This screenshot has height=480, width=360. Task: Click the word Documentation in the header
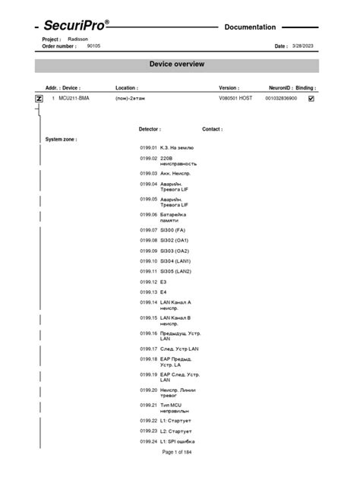click(x=250, y=27)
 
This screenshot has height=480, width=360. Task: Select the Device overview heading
click(x=176, y=65)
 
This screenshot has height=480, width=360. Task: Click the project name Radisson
click(x=77, y=38)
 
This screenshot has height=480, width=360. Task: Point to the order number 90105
click(x=93, y=46)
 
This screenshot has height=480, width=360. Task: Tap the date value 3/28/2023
click(x=302, y=46)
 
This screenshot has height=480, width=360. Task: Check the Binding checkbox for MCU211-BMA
click(x=311, y=99)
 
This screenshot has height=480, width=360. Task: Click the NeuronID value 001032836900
click(x=281, y=99)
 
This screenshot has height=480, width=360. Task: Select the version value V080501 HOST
click(x=235, y=99)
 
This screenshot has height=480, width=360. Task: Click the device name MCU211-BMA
click(x=74, y=99)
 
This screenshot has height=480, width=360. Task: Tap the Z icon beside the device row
click(x=39, y=99)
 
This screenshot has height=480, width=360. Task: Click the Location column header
click(x=126, y=88)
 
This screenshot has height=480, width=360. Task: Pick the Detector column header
click(x=149, y=129)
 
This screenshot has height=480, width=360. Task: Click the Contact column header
click(x=212, y=129)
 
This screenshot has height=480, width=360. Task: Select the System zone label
click(x=61, y=140)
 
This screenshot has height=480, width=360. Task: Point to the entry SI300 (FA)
click(x=172, y=229)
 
